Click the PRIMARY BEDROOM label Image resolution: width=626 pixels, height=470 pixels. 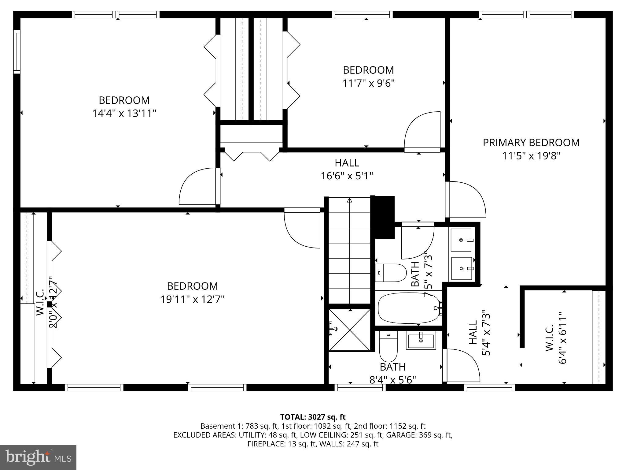(531, 143)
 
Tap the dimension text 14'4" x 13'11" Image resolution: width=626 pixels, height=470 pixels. (124, 114)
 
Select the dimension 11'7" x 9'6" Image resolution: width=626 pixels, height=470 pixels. (368, 83)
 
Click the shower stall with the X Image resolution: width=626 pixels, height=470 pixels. (350, 330)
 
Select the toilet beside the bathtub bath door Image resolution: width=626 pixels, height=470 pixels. (391, 273)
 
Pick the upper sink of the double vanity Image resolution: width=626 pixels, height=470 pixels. (461, 240)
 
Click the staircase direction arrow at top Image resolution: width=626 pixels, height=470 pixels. (350, 200)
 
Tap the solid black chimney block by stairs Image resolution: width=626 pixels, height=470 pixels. (383, 216)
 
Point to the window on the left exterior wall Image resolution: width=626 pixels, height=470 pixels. (17, 51)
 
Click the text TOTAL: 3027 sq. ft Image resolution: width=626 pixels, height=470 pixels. (313, 417)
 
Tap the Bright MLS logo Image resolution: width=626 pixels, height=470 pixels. (38, 457)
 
